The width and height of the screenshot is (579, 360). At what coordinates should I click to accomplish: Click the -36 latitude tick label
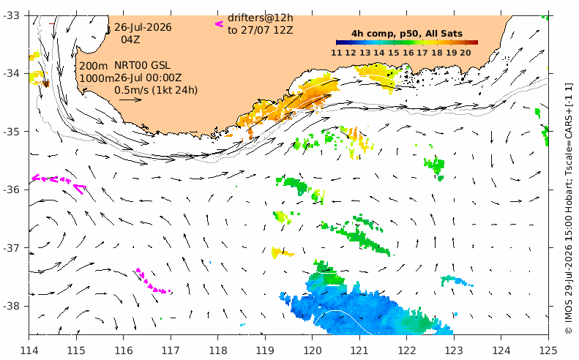12,190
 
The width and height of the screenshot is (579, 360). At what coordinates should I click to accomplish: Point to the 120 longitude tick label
312,350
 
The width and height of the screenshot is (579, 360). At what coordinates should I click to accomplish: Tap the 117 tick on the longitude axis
171,350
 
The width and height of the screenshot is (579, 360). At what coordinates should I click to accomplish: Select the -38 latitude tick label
12,306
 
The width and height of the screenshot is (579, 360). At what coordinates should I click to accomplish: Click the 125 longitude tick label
548,350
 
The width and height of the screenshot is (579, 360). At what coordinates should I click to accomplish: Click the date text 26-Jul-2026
143,27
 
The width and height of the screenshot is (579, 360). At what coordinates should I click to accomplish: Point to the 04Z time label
131,39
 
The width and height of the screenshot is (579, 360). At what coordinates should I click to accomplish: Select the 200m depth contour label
94,66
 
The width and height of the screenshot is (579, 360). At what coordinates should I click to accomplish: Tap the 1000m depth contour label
97,78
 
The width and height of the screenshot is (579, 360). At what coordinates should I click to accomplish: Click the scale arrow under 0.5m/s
131,100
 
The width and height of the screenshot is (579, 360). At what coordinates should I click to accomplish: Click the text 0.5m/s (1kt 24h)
156,90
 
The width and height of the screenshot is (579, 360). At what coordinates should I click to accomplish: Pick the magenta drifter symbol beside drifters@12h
220,24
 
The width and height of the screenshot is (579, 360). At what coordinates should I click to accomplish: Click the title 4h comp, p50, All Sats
406,34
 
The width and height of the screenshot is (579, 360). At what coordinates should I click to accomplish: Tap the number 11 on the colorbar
337,53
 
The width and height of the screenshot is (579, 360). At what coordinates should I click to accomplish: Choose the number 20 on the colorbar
466,53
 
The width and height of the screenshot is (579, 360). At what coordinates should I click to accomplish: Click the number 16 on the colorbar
408,53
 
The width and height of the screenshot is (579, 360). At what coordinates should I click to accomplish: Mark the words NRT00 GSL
142,66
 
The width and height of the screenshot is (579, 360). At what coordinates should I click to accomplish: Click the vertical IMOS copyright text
568,209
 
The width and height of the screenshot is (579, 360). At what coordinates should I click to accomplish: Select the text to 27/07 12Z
261,30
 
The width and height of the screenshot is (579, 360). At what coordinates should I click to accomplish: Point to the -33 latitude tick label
12,15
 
